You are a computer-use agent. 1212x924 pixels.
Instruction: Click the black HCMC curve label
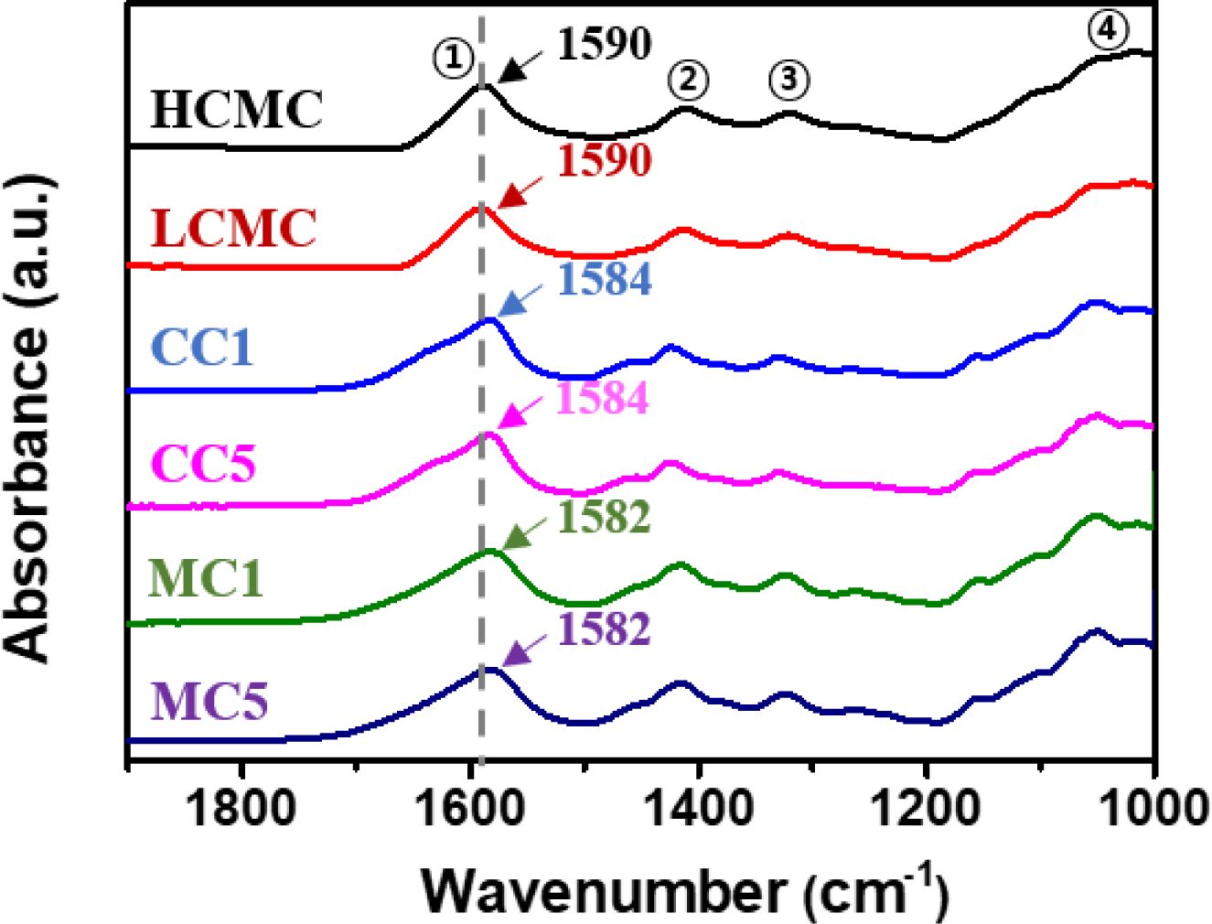click(237, 109)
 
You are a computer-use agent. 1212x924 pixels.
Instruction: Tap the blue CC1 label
click(203, 347)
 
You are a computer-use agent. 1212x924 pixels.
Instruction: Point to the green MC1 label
click(206, 578)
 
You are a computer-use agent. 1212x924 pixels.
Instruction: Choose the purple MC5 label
click(209, 701)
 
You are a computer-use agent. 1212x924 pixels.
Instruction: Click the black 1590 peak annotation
click(605, 43)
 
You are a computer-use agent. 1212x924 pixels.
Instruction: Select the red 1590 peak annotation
click(605, 160)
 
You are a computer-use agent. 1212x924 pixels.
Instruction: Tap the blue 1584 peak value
click(605, 279)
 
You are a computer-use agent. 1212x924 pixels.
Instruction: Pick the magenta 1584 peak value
click(603, 398)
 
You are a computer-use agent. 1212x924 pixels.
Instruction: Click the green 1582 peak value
click(605, 517)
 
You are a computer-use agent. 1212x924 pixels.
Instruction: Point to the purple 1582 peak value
click(605, 629)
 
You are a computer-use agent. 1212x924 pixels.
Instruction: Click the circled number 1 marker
click(454, 60)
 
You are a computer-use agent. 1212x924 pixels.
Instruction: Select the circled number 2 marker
click(688, 80)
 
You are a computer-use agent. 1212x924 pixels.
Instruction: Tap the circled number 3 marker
click(789, 80)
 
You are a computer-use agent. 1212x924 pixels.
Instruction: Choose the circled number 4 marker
click(1107, 30)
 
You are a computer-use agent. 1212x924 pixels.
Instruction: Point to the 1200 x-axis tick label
click(927, 809)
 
